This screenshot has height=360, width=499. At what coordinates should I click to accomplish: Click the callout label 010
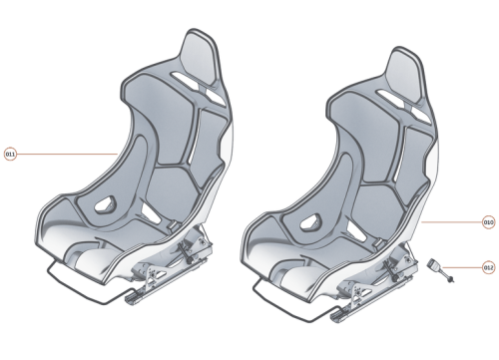488,221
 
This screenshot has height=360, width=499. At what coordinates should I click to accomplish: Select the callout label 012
488,266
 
